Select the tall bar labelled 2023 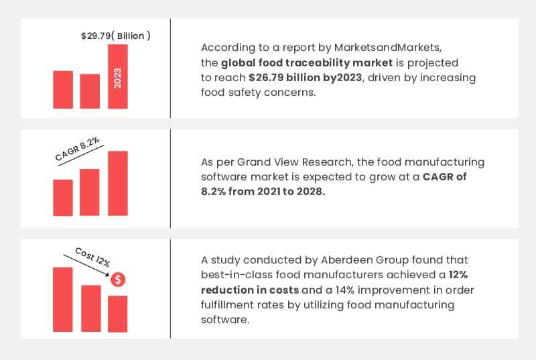click(117, 76)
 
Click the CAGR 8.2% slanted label click(77, 149)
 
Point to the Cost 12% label click(92, 257)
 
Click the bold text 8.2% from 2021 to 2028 click(263, 192)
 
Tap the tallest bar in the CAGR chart click(117, 184)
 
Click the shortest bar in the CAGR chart click(63, 198)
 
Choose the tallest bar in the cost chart click(63, 299)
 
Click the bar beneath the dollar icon click(117, 313)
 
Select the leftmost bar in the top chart click(63, 90)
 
